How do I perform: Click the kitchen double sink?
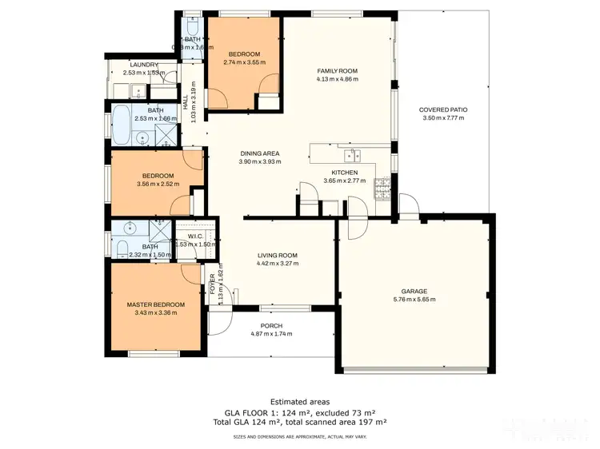pos(353,155)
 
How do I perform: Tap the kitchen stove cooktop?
pos(381,185)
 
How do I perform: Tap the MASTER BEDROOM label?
pos(156,304)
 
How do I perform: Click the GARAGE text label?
pos(414,292)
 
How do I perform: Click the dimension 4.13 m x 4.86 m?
pos(336,80)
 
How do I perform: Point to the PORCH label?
pos(271,326)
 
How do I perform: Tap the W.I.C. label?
pos(197,236)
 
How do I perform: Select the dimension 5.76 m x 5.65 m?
pos(414,300)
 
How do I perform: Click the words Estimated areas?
pos(299,401)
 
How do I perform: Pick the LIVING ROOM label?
pos(277,256)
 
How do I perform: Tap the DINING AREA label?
pos(260,153)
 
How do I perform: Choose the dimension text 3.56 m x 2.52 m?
pos(158,185)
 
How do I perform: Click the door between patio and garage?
pos(409,212)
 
